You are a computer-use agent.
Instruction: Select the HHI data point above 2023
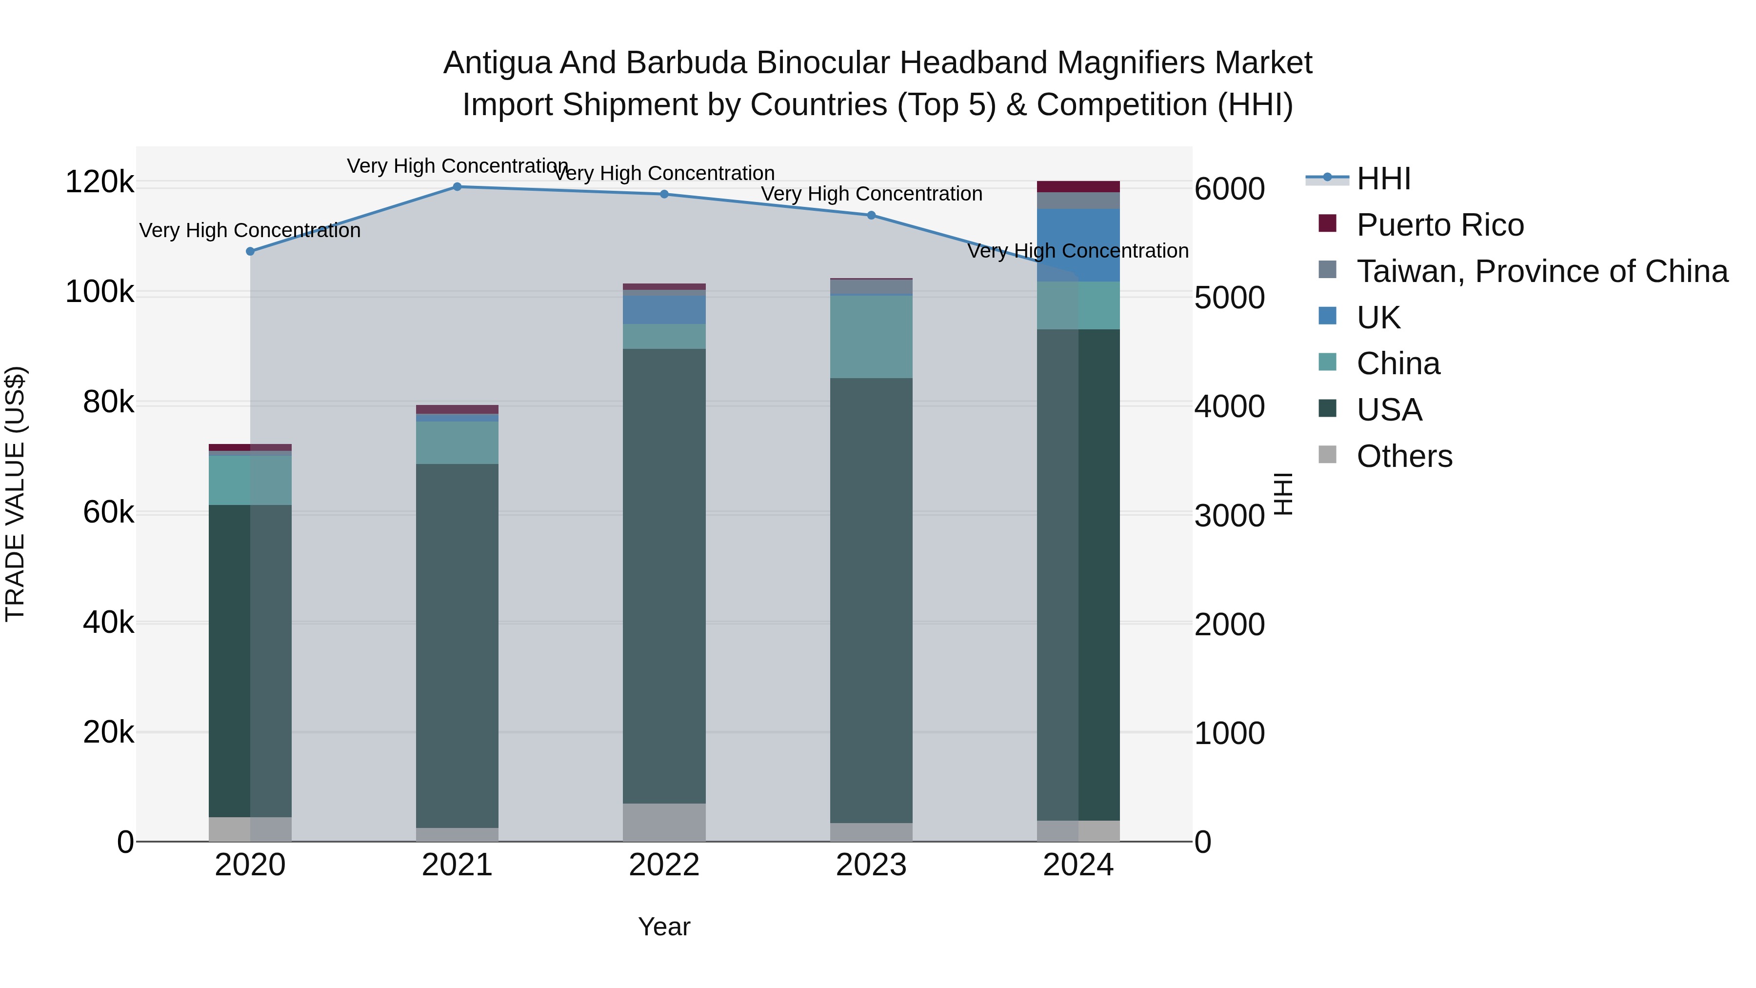[x=871, y=216]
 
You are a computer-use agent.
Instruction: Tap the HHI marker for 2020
[x=250, y=252]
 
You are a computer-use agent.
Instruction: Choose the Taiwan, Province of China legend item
[x=1542, y=271]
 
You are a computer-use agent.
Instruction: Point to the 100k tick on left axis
[x=100, y=293]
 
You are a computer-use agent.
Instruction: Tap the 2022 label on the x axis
[x=664, y=865]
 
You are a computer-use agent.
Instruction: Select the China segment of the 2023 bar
[x=871, y=337]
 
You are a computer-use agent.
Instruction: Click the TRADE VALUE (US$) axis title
[x=15, y=494]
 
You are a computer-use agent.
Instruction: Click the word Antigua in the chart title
[x=497, y=63]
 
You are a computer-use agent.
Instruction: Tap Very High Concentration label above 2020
[x=250, y=230]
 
